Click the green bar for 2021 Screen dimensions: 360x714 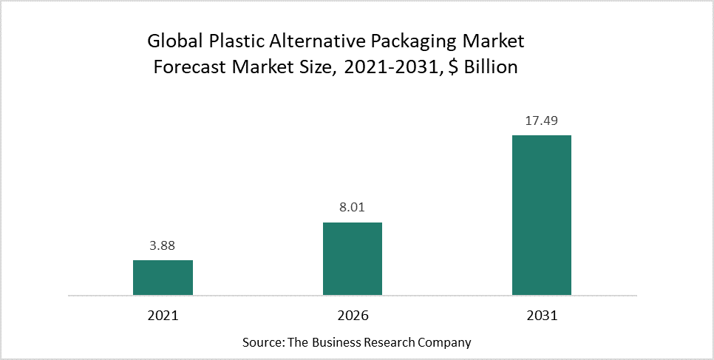(x=163, y=277)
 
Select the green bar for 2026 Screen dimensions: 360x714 (x=353, y=259)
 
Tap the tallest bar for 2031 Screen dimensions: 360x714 (x=542, y=215)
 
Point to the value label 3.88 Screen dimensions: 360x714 (x=163, y=246)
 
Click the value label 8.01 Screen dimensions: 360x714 (x=353, y=208)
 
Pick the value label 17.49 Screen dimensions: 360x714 (x=542, y=121)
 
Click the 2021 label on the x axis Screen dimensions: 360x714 (x=163, y=315)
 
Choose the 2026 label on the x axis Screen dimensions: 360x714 (x=353, y=315)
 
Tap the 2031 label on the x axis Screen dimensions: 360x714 (x=542, y=315)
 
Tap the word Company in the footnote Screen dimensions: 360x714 (x=446, y=344)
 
